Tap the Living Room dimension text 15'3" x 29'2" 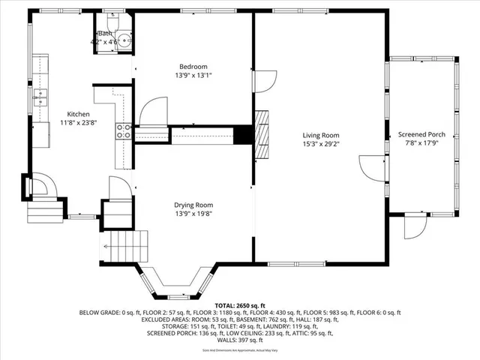point(320,144)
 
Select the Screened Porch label point(421,134)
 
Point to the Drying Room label point(193,205)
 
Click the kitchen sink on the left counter point(40,97)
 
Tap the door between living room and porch point(371,166)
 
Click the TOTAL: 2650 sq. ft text point(239,306)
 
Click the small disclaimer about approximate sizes point(239,350)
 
